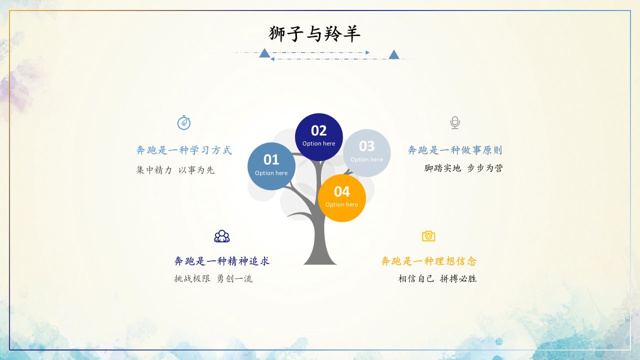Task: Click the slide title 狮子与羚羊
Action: (314, 33)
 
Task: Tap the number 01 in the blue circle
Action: (271, 159)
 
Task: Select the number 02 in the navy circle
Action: (319, 130)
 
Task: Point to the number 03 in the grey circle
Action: (367, 146)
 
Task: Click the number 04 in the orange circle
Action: (341, 191)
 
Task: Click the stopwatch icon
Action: (184, 122)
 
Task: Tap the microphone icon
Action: (455, 122)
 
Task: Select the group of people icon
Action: (222, 236)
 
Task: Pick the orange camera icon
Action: (428, 236)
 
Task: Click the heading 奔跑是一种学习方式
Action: (184, 150)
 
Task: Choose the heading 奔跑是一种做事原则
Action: (455, 150)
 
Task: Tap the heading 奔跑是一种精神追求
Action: (222, 261)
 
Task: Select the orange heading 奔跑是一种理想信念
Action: (429, 261)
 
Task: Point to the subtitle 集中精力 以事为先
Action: (175, 170)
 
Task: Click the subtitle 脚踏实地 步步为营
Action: (463, 168)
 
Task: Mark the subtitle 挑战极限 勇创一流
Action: (213, 278)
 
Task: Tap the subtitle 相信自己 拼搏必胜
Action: (437, 278)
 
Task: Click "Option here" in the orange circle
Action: (341, 204)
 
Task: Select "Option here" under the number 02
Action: (319, 143)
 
